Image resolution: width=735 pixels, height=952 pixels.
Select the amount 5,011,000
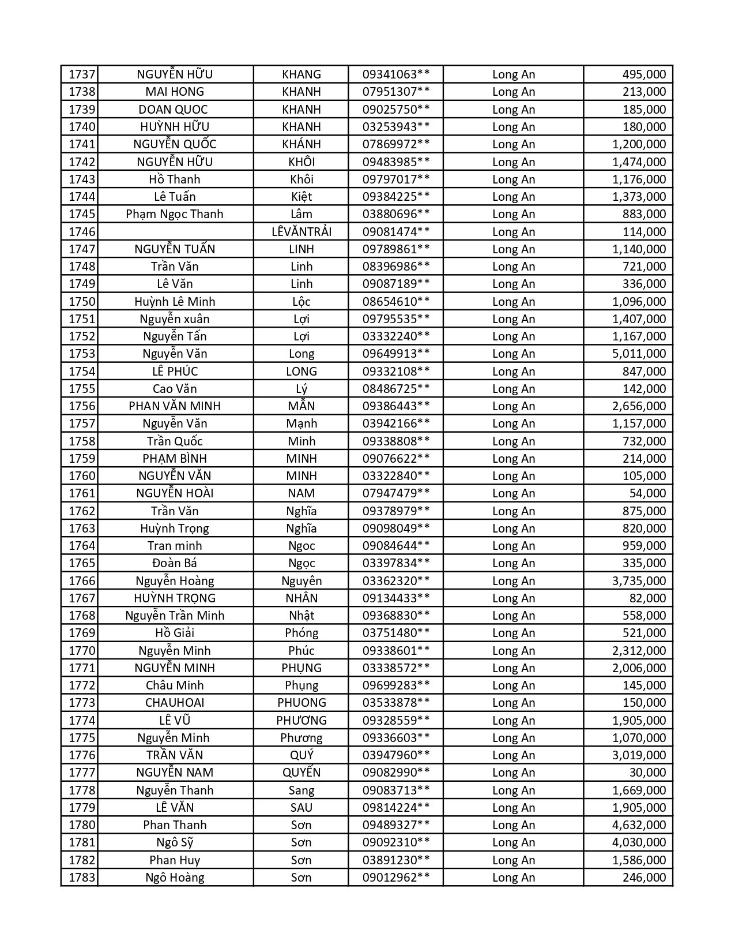coord(639,354)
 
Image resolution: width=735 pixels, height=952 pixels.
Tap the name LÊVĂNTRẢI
coord(301,232)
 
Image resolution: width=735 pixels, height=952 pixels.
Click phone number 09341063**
coord(395,74)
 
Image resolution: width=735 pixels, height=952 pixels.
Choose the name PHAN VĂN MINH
coord(175,406)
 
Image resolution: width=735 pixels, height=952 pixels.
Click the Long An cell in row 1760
coord(513,476)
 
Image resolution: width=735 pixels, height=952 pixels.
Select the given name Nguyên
coord(301,581)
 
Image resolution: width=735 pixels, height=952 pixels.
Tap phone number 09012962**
coord(395,878)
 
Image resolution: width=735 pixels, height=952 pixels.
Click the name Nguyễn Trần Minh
coord(175,616)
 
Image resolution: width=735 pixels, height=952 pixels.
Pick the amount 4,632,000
coord(639,825)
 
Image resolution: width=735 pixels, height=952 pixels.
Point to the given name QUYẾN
coord(301,773)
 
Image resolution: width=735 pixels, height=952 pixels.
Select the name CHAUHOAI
coord(175,703)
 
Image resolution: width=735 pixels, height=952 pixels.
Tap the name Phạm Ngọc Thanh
coord(175,214)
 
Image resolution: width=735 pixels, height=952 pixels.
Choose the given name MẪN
coord(301,406)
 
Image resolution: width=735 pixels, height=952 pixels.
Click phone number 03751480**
coord(395,633)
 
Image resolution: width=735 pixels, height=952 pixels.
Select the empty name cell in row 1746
coord(175,232)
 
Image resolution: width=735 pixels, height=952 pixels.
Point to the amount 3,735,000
coord(639,581)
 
